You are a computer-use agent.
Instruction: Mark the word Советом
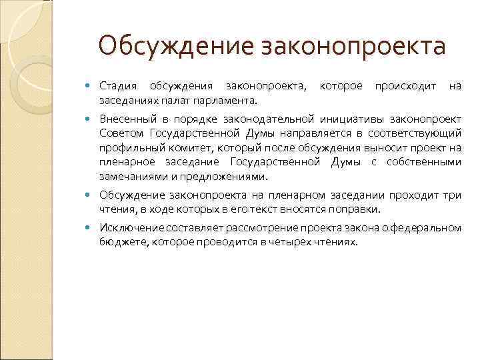(x=119, y=133)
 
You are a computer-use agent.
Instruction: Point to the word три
(x=453, y=195)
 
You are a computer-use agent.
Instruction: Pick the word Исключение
(x=127, y=228)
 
